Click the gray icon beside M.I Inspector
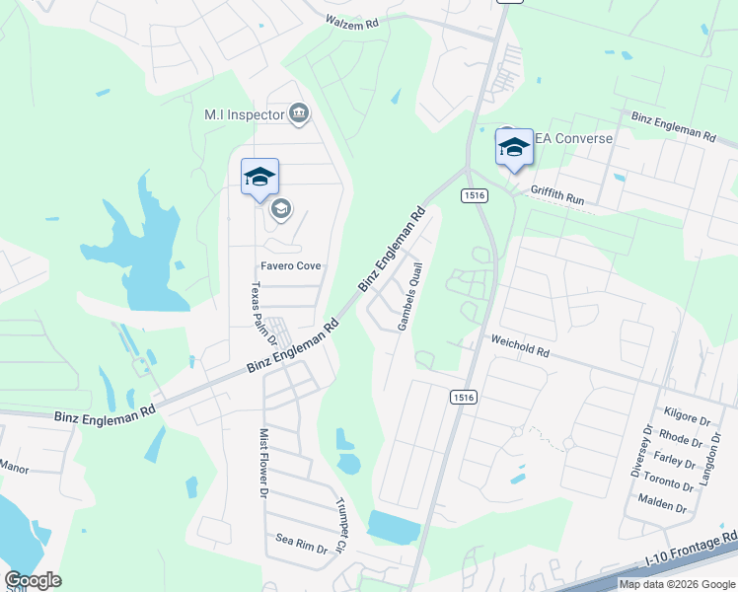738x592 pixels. pyautogui.click(x=300, y=114)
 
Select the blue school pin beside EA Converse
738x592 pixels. pyautogui.click(x=513, y=148)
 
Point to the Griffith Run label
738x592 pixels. pyautogui.click(x=557, y=198)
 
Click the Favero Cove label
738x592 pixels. pyautogui.click(x=290, y=265)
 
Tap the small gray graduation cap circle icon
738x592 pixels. pyautogui.click(x=280, y=208)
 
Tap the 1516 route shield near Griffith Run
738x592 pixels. pyautogui.click(x=475, y=195)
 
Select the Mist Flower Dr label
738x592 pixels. pyautogui.click(x=263, y=462)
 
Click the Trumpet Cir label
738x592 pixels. pyautogui.click(x=341, y=524)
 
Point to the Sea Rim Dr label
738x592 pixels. pyautogui.click(x=301, y=542)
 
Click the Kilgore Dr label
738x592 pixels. pyautogui.click(x=689, y=419)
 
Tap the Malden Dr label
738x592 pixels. pyautogui.click(x=662, y=506)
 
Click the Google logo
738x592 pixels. pyautogui.click(x=33, y=580)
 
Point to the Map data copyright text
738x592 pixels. pyautogui.click(x=676, y=584)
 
